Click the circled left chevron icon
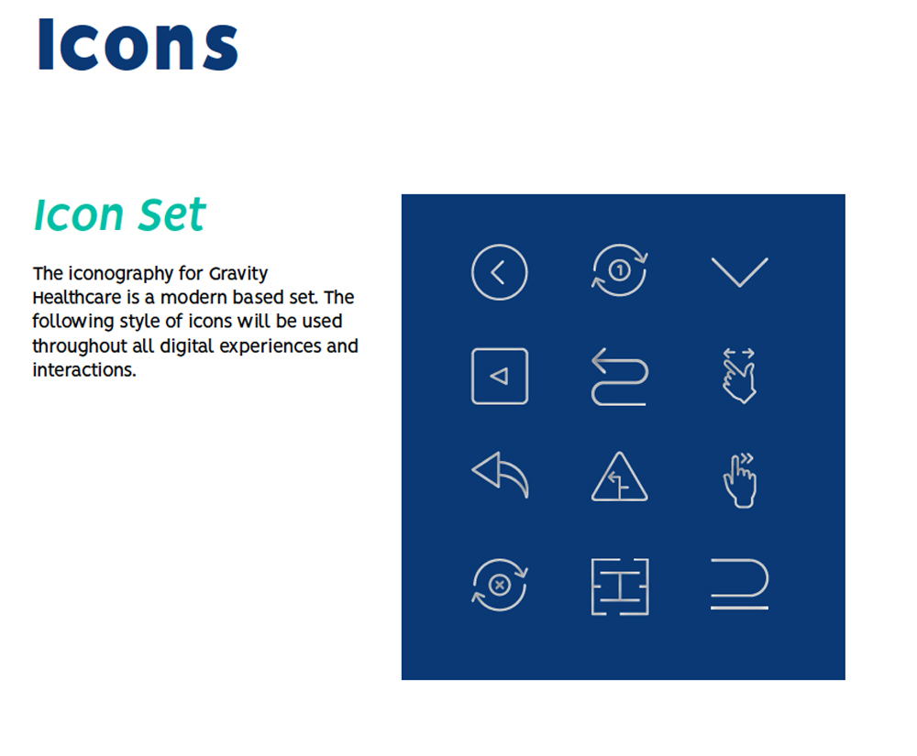[472, 272]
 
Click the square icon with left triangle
[473, 377]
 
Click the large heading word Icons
[138, 44]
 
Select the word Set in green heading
[172, 215]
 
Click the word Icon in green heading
[78, 215]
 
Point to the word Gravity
[238, 274]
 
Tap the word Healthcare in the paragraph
[77, 298]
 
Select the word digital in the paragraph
[186, 346]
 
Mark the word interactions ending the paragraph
[84, 370]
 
